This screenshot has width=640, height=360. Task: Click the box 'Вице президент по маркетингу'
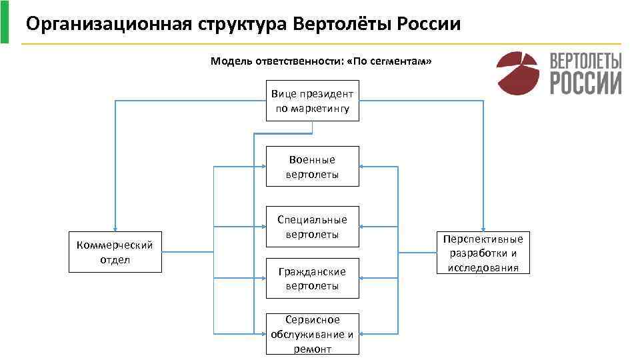point(312,101)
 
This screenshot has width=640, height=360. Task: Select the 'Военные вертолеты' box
point(312,167)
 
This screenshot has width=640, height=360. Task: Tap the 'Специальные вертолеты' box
point(312,227)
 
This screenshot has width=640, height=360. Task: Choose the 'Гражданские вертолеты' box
point(312,279)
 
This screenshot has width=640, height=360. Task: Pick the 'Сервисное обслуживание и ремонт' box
point(312,334)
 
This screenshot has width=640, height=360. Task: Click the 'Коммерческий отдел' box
point(115,252)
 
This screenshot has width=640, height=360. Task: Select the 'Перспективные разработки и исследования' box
point(483,253)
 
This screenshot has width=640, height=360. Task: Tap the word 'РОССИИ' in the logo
point(585,83)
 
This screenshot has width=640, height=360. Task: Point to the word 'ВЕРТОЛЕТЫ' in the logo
point(585,61)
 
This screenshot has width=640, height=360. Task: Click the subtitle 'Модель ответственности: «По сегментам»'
point(321,61)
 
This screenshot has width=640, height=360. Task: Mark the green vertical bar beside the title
point(5,22)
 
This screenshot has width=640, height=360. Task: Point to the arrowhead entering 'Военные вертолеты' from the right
point(362,167)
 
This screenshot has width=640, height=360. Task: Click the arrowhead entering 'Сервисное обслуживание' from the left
point(263,332)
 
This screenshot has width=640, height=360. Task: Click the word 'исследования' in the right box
point(483,267)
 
